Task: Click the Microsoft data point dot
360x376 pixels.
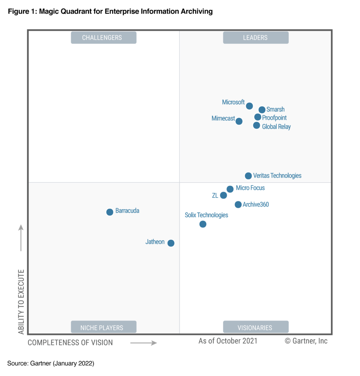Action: [x=249, y=106]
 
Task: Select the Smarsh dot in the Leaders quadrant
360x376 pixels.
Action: [x=262, y=110]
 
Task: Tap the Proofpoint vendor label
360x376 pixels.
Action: [x=274, y=118]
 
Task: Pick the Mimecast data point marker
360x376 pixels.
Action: [x=239, y=121]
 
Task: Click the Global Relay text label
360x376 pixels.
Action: [x=276, y=127]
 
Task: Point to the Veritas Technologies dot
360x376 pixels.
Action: [x=248, y=176]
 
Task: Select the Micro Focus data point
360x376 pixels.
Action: [x=230, y=189]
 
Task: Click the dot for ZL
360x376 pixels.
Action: [x=223, y=195]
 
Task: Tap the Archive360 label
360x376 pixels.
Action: [x=255, y=205]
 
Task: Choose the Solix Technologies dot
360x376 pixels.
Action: [x=203, y=224]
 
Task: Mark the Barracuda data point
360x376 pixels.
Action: [x=110, y=212]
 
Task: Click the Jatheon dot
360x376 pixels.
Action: [x=171, y=243]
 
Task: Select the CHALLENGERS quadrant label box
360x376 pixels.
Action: [x=103, y=37]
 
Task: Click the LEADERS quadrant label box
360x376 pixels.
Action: [x=255, y=37]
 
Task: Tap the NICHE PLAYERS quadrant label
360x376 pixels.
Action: [x=103, y=327]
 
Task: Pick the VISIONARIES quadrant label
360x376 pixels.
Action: [x=255, y=327]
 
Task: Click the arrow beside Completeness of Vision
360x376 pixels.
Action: [x=143, y=343]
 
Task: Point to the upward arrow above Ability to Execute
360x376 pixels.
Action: [x=21, y=238]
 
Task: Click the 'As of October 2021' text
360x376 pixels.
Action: [x=228, y=341]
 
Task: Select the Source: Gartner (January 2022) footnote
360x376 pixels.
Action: [x=51, y=364]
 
